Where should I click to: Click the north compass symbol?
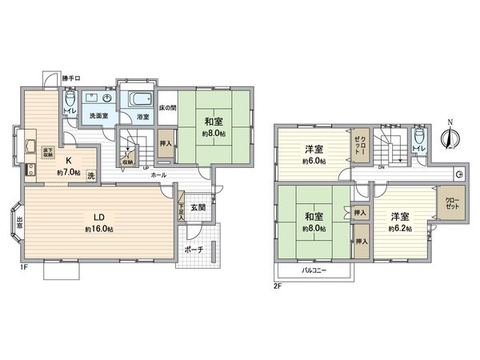tap(450, 138)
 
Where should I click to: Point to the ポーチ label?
tap(193, 250)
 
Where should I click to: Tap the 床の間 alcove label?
tap(166, 106)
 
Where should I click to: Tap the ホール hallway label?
tap(158, 174)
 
